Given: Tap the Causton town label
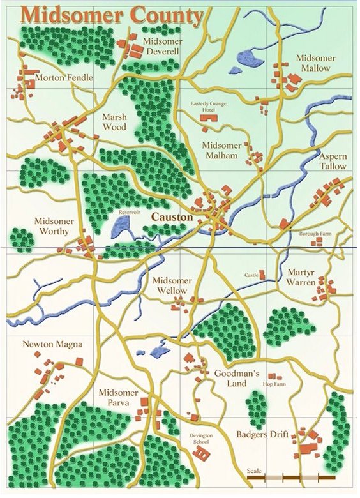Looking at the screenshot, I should coord(172,218).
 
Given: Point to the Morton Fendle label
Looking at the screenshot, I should coord(64,78).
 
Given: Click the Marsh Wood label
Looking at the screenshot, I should coord(114,122).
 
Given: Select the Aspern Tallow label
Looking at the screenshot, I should coord(333,161).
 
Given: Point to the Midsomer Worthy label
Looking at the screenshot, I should coord(54,226).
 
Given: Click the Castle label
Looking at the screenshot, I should coord(251,275).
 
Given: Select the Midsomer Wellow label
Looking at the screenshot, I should coord(170,286).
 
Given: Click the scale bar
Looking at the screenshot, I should coord(290,477).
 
